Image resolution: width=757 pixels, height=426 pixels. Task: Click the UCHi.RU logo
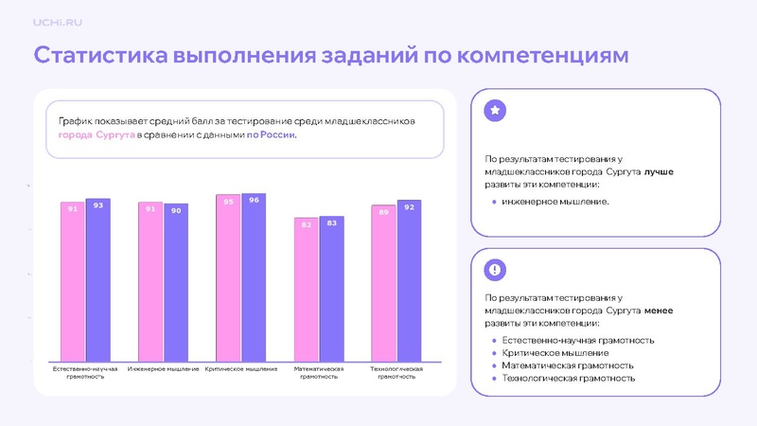pos(57,22)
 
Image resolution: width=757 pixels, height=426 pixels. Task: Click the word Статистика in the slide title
pos(100,55)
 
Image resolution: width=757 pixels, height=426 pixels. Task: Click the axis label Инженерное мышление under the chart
pos(163,368)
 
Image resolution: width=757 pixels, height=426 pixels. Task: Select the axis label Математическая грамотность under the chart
pos(318,372)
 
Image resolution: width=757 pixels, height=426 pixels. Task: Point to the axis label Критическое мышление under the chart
pos(240,368)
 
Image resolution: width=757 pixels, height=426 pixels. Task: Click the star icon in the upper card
pos(495,111)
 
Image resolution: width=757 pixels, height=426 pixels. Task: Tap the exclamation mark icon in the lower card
pos(495,270)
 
